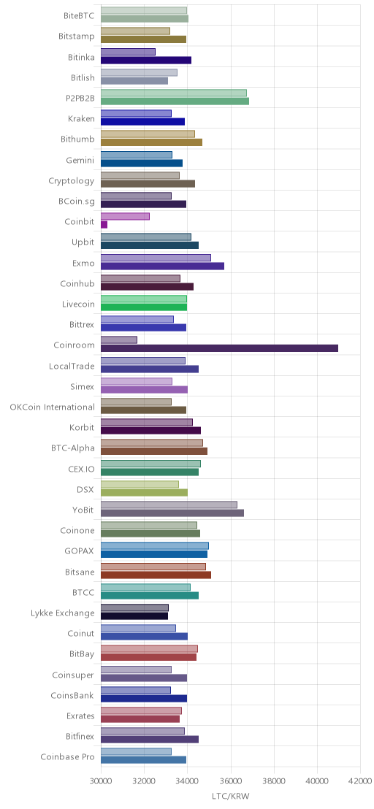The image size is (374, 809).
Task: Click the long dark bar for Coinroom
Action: pos(219,348)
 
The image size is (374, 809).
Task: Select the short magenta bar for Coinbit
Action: pos(104,224)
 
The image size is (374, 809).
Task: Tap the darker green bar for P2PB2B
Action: pos(175,101)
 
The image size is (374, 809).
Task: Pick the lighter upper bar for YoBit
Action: pos(169,505)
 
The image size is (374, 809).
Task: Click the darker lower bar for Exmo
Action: pos(162,266)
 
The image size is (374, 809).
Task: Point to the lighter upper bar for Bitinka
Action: pos(128,52)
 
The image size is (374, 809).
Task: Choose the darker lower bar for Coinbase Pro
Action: pos(143,759)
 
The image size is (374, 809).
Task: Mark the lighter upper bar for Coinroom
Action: pos(118,340)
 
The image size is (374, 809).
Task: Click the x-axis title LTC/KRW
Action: pos(231,796)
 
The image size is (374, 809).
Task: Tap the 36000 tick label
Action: pos(231,782)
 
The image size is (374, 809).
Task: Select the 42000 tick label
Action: pos(360,782)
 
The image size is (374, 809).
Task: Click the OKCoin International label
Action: pos(53,407)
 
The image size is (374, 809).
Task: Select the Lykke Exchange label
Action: pos(63,613)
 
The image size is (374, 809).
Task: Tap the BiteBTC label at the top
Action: pos(79,16)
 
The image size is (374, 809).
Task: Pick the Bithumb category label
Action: pos(78,139)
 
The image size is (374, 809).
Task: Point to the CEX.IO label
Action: pos(82,469)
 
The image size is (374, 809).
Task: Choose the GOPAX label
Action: pos(80,551)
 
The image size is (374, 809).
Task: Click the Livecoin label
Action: pos(78,304)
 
